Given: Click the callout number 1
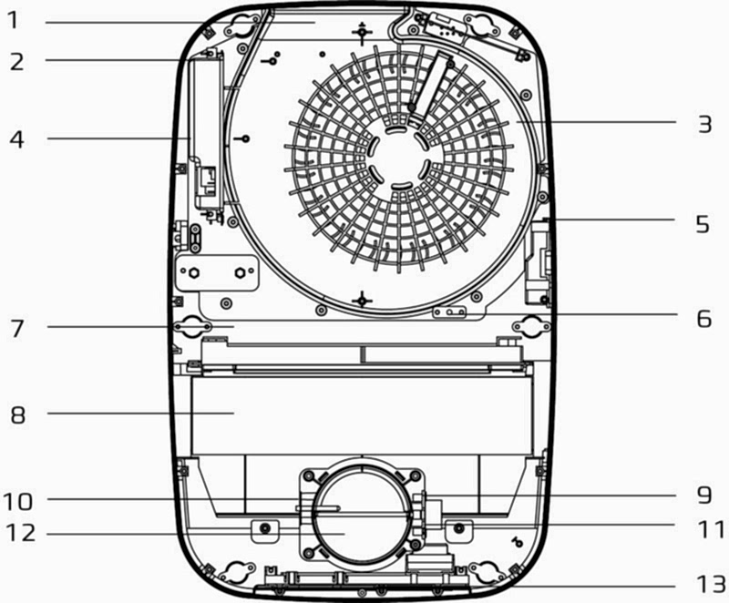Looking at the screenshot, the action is point(13,21).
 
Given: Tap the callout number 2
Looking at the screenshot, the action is point(16,62).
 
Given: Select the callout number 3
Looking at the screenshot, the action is point(704,124).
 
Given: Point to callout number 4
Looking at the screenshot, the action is point(16,139).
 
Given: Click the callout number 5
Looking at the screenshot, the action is point(703,224).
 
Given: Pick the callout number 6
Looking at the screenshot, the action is point(703,319).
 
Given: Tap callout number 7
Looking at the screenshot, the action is point(17,329).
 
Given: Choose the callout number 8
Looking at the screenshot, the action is point(17,414).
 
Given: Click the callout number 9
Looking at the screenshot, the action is point(703,496).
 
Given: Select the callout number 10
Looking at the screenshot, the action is point(18,502).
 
